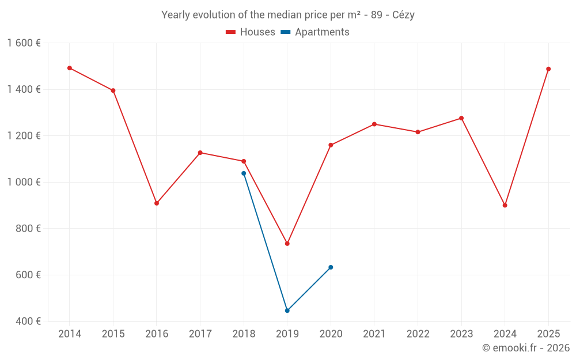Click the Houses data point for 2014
pos(70,68)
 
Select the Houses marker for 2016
pos(157,203)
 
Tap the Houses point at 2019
pos(287,244)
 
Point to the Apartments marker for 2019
pos(287,310)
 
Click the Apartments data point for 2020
pos(331,267)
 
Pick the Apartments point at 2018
pos(244,173)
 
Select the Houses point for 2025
pos(548,69)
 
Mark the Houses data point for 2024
pos(505,206)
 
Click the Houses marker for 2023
pos(461,118)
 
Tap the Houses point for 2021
pos(374,124)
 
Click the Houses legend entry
pos(251,32)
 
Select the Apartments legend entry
pos(315,32)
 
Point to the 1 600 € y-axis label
pos(24,43)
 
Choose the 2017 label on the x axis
pos(200,334)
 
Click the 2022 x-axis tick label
pos(418,334)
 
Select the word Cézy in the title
pos(403,15)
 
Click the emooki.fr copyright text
pos(526,348)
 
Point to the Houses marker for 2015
pos(113,90)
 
